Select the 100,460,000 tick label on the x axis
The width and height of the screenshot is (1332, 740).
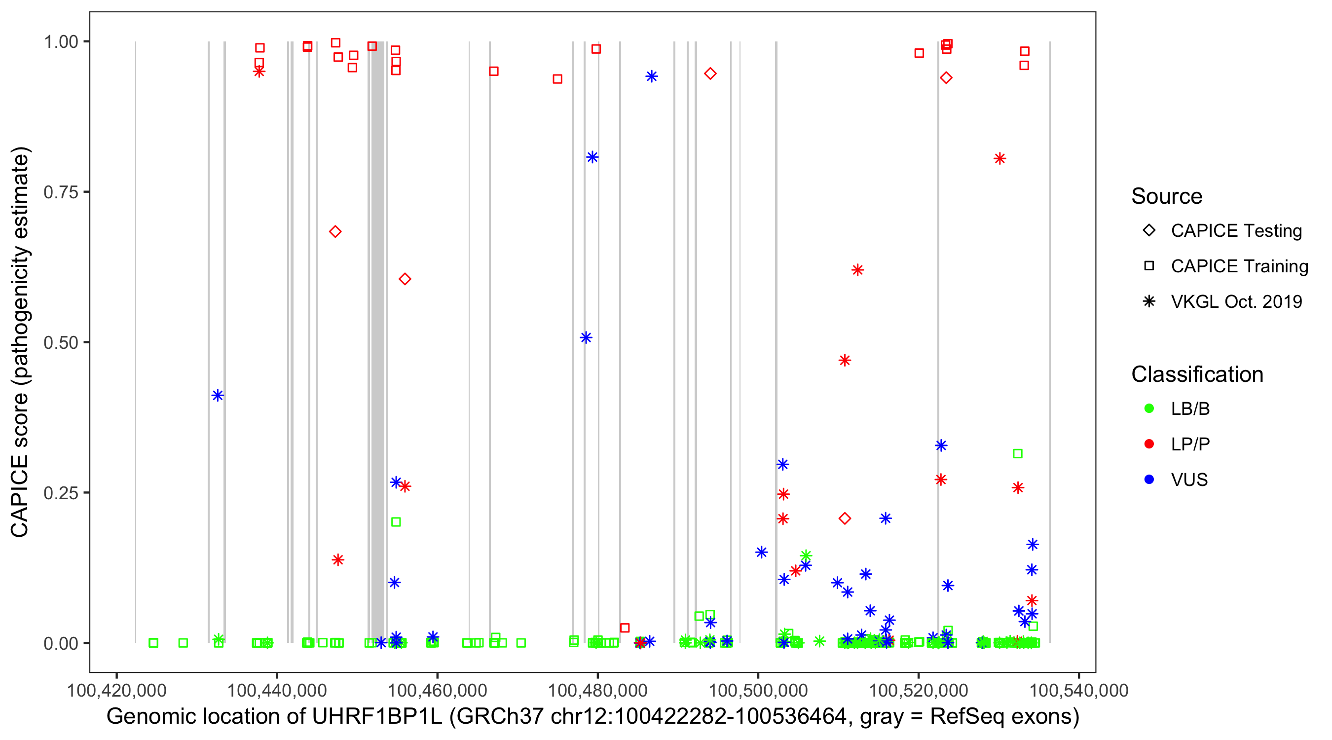[437, 690]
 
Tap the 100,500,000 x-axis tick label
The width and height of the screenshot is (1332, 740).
[758, 690]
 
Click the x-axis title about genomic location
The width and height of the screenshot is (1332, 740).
[592, 717]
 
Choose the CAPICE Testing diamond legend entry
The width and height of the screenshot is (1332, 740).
[1149, 231]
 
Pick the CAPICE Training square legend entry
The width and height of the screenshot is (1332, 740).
[1149, 266]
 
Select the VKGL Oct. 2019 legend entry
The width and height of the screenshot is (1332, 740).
[1149, 301]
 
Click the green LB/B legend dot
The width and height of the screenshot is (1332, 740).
[1149, 408]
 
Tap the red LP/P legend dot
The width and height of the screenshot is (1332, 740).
[1149, 444]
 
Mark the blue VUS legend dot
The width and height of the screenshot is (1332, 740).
[1149, 480]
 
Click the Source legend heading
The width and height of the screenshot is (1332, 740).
[1166, 196]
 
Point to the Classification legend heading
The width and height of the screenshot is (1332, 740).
[1196, 374]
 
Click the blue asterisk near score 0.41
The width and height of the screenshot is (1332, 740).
[218, 396]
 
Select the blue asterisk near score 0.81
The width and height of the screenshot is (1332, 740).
[592, 157]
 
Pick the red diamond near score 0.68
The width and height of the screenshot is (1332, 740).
[335, 232]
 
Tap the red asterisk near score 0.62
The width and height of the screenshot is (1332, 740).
[857, 270]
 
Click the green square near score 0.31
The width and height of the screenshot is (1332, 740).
[1018, 453]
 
